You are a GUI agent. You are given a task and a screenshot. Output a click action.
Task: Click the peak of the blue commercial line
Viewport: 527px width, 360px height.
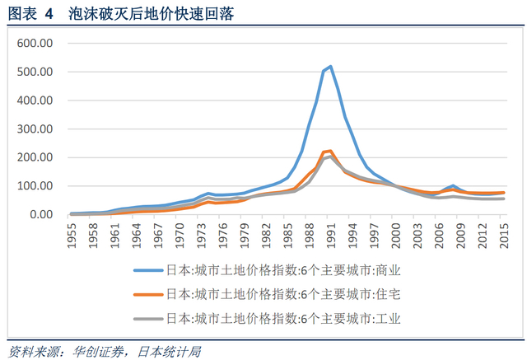[x=330, y=67]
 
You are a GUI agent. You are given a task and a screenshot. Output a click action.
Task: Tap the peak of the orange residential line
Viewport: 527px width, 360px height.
[x=330, y=151]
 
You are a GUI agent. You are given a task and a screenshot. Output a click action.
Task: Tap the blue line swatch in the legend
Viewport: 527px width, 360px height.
[x=149, y=269]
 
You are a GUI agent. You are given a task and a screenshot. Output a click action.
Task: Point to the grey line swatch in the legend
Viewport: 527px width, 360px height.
[x=149, y=317]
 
